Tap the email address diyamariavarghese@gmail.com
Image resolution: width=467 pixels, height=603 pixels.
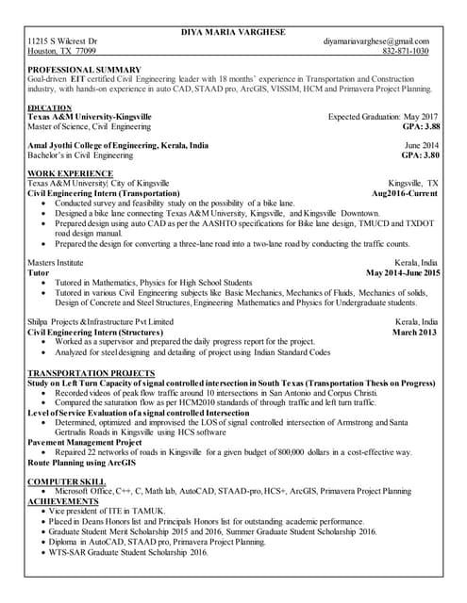click(x=375, y=42)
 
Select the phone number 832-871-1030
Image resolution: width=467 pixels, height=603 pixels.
click(x=406, y=52)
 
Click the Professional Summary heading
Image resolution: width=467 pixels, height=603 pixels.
click(x=85, y=70)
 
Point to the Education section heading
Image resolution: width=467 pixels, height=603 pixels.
click(x=51, y=108)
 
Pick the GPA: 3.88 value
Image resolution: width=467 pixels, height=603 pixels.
click(x=421, y=125)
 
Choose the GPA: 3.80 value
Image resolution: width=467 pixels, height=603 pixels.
click(x=421, y=155)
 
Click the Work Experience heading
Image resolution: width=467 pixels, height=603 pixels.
click(x=70, y=173)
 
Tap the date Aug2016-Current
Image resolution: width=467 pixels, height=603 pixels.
click(x=405, y=192)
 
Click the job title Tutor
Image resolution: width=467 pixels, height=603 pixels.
click(x=39, y=272)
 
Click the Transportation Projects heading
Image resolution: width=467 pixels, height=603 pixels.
click(x=92, y=374)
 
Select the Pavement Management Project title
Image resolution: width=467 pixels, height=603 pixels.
click(x=85, y=442)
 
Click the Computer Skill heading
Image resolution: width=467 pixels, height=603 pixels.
click(x=67, y=481)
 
